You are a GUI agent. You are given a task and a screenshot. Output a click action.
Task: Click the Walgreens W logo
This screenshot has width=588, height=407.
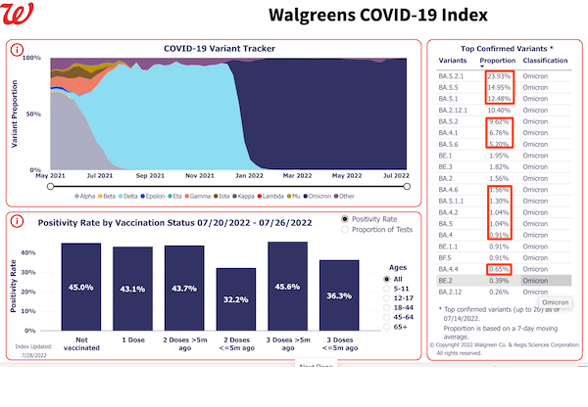(18, 16)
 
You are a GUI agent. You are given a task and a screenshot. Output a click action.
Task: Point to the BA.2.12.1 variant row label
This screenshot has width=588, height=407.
(457, 112)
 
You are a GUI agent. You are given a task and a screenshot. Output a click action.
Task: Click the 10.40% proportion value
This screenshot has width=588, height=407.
(499, 112)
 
